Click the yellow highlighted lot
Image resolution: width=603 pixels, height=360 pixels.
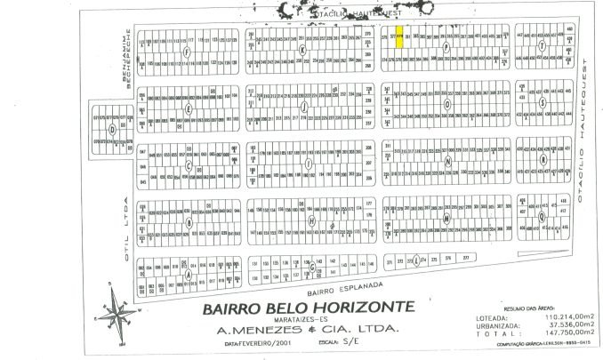coord(400,37)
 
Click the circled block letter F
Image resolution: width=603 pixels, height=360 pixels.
coord(185,52)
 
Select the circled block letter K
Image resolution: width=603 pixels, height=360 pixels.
coord(303,50)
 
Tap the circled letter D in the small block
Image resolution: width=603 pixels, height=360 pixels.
coord(112,128)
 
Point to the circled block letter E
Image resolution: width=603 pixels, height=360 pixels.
coord(189,108)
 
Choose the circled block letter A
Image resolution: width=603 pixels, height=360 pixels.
coord(189,275)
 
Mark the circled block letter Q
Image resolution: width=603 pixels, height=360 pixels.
coord(542,217)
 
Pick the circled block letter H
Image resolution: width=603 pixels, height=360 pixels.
coord(310,220)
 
